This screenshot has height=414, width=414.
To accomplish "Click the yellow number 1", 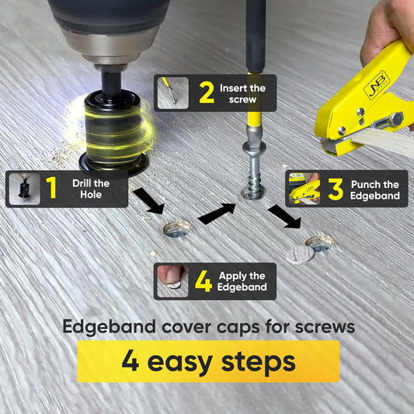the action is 51,187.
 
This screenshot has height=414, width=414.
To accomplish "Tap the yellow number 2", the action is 207,92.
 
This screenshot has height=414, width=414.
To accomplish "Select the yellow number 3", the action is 336,189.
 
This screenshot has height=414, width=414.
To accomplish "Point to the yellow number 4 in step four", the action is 204,281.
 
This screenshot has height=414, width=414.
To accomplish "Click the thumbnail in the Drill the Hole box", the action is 25,189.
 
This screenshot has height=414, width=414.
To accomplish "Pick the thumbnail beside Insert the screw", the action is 173,93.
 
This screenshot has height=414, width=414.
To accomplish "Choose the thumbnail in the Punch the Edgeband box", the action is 304,189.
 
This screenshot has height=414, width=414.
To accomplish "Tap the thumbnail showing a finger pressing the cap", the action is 172,281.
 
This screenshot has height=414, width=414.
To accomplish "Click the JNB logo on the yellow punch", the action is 377,85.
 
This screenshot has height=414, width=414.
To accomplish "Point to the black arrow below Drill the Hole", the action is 148,200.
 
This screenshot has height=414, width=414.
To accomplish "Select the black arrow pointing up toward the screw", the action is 217,214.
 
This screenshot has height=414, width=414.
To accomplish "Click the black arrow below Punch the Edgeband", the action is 284,216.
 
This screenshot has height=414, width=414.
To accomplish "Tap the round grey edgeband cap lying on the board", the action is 300,255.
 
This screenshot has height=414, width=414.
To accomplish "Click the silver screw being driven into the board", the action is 253,170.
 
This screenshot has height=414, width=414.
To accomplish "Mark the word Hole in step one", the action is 91,195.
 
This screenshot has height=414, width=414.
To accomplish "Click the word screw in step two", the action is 242,99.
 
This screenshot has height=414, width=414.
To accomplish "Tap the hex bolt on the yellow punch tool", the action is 397,119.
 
